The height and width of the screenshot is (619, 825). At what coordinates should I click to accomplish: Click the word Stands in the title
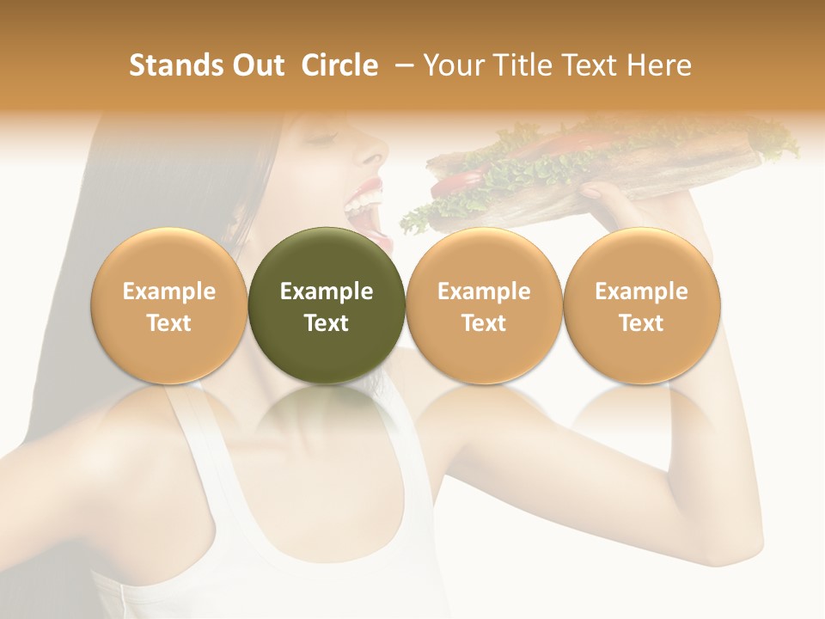tap(172, 65)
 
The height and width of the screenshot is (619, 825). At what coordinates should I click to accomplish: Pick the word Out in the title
tap(256, 65)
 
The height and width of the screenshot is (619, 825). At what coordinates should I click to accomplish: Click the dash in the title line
tap(400, 65)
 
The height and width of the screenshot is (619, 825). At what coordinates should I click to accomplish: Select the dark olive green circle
tap(327, 305)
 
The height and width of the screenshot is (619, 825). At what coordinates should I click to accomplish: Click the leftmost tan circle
tap(169, 305)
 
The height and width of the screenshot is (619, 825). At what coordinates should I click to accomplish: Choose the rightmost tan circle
tap(642, 305)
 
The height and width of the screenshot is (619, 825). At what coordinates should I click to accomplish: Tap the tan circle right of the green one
tap(484, 305)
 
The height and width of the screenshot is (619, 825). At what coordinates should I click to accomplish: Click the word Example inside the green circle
tap(327, 291)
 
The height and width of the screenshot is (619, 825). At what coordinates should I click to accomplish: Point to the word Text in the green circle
tap(327, 323)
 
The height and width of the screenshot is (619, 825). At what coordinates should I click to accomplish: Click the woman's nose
tap(371, 156)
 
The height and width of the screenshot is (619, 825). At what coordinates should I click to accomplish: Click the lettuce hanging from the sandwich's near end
tap(417, 219)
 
